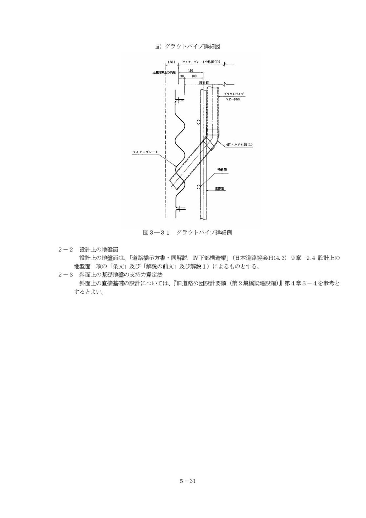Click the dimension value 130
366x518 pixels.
191,71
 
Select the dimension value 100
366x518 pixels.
194,76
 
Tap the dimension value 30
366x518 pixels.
182,76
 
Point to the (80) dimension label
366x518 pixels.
172,62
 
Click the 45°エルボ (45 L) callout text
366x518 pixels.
239,145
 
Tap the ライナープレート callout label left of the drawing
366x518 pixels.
146,152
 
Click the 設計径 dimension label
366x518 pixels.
204,82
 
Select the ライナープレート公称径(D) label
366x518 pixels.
201,62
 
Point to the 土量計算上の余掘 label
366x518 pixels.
164,73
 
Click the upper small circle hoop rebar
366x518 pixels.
198,122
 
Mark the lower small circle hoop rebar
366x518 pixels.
198,186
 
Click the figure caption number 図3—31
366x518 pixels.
156,232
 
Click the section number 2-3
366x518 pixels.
66,275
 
